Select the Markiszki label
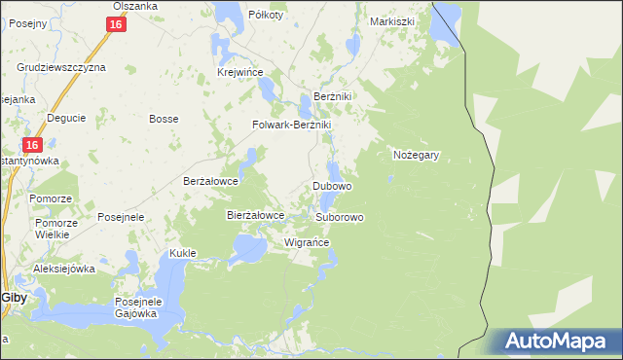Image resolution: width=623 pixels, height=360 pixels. (392, 20)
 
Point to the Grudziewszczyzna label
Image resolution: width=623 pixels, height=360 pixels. (61, 67)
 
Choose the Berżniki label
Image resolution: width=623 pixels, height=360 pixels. (332, 97)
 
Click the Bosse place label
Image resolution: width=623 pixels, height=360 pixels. (162, 119)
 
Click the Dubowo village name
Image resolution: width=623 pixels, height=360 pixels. (332, 185)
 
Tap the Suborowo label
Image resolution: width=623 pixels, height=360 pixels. (339, 217)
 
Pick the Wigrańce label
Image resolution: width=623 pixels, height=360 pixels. (306, 242)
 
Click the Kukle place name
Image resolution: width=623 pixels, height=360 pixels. (183, 253)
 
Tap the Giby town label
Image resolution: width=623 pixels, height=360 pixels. (14, 298)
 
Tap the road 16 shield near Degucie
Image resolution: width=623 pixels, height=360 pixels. (32, 144)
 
